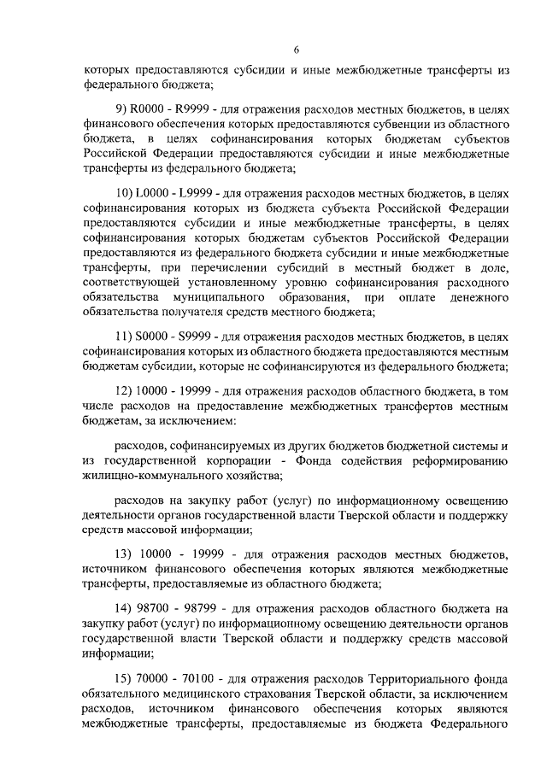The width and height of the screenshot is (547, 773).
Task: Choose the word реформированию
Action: pyautogui.click(x=462, y=461)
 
